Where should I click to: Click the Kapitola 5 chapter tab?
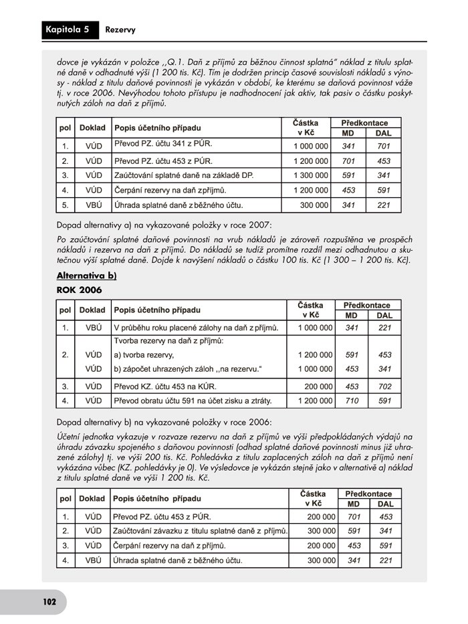click(x=67, y=29)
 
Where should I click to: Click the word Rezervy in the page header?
click(x=120, y=29)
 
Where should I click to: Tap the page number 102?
click(x=49, y=601)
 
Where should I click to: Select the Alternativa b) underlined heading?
click(x=87, y=276)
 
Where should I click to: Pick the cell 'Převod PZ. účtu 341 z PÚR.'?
click(x=163, y=145)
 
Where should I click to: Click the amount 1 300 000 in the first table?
click(x=310, y=176)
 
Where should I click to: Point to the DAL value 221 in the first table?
click(x=383, y=205)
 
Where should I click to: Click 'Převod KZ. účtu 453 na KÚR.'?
click(x=165, y=386)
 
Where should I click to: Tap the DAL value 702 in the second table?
click(x=384, y=386)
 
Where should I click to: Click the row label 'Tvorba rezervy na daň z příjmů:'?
click(x=168, y=341)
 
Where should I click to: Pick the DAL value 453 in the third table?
click(x=386, y=516)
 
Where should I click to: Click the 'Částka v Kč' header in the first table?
click(x=310, y=128)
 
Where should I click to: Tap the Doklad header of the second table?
click(x=92, y=310)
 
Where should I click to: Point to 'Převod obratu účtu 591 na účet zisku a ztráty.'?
click(x=193, y=401)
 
